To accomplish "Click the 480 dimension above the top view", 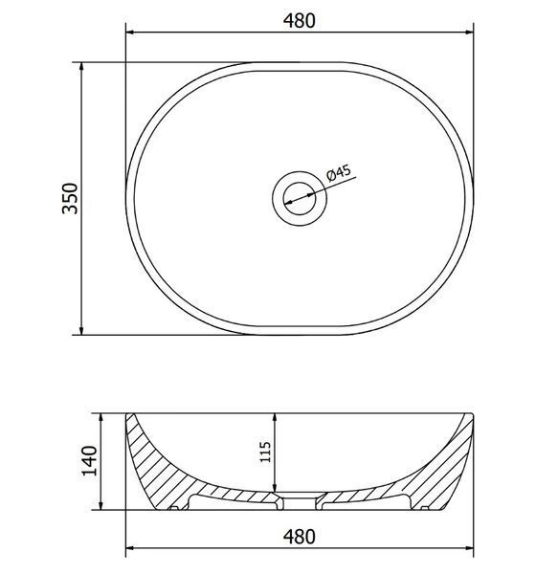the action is (300, 21).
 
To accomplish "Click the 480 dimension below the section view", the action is (300, 537).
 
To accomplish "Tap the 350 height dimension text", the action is (70, 198).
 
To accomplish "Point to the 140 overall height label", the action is (89, 460).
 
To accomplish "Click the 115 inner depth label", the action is (265, 453).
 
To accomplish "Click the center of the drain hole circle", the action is (300, 198).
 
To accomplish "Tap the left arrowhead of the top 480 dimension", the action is (129, 33).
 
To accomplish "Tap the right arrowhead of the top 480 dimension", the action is (469, 33).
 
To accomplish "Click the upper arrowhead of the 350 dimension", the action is (81, 66).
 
